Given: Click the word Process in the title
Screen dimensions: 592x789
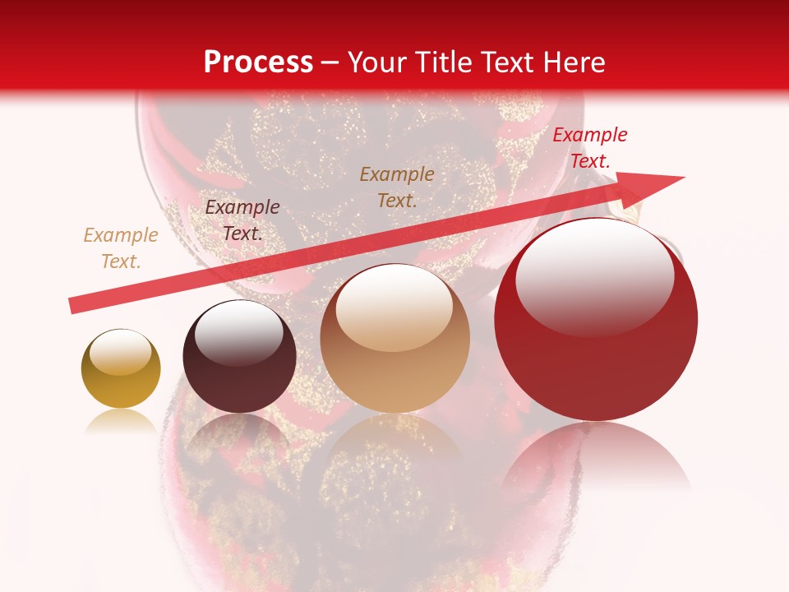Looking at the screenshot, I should click(258, 62).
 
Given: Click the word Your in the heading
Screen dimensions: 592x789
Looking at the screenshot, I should click(376, 62).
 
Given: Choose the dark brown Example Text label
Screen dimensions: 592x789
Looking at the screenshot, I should click(242, 220).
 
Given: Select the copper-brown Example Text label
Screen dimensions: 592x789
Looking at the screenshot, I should click(397, 187).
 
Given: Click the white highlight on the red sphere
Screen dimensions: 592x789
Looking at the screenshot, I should click(594, 275).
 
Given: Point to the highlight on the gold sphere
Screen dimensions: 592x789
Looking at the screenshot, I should click(120, 352).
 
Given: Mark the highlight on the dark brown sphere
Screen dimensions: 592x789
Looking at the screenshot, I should click(238, 333).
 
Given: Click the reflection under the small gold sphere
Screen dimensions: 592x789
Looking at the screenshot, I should click(121, 421).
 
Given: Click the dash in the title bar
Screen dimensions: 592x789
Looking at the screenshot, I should click(330, 62).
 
